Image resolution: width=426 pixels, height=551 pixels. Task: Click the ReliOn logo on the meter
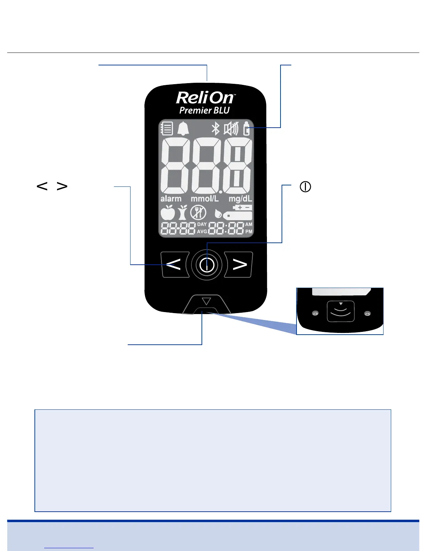click(x=205, y=98)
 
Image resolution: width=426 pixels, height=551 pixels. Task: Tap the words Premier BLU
click(x=205, y=111)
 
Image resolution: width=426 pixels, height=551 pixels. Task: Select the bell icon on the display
click(x=183, y=129)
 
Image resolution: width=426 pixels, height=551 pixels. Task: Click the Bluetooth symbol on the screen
click(x=216, y=129)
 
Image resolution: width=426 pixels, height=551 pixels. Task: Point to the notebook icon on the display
click(x=167, y=128)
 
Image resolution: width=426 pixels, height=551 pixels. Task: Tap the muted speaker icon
click(x=231, y=129)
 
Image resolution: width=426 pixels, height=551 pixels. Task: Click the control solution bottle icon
click(x=246, y=129)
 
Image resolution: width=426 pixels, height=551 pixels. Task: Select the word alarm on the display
click(x=171, y=199)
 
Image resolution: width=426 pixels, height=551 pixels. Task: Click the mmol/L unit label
click(x=205, y=199)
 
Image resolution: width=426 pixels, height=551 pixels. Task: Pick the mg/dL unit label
click(x=240, y=199)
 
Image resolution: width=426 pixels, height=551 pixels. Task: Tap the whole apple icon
click(x=168, y=213)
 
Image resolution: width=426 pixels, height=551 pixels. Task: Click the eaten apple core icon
click(x=183, y=213)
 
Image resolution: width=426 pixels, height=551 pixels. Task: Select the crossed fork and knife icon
click(x=198, y=213)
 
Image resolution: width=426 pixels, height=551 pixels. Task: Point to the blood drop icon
click(x=218, y=214)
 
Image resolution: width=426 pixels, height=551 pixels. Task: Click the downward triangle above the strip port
click(x=207, y=301)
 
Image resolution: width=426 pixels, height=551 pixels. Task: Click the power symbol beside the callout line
click(x=305, y=187)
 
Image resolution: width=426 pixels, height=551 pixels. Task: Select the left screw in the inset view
click(x=315, y=313)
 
